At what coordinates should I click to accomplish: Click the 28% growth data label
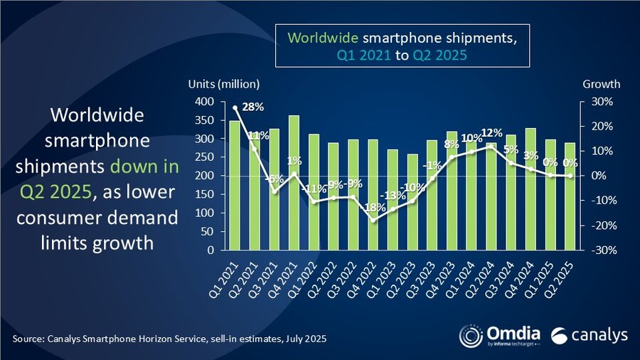coord(252,107)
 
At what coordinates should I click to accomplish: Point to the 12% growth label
coord(491,133)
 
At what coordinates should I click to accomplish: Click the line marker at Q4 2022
coord(373,220)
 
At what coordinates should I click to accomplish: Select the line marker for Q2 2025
coord(570,176)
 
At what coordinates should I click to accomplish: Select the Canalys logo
coord(583,335)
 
